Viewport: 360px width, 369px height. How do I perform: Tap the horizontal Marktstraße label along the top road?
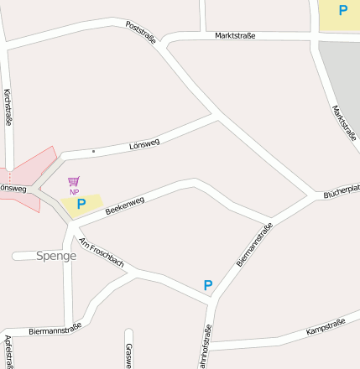(x=235, y=36)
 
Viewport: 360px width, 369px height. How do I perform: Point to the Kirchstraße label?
(x=8, y=107)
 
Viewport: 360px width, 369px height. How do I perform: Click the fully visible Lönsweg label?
(x=144, y=144)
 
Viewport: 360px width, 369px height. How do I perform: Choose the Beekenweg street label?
(x=124, y=206)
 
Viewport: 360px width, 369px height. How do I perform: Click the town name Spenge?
(x=56, y=256)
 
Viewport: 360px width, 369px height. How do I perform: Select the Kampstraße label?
(x=326, y=327)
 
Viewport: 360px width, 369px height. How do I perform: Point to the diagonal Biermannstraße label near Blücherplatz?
(x=255, y=244)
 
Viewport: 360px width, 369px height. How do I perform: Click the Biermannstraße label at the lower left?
(x=55, y=329)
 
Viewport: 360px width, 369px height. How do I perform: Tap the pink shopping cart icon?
(x=74, y=181)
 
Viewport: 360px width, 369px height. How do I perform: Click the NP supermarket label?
(x=74, y=192)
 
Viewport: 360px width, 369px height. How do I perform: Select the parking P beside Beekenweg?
(x=81, y=204)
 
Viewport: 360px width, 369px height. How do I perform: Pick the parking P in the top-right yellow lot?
(x=342, y=11)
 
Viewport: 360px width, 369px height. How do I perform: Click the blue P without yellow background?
(x=208, y=286)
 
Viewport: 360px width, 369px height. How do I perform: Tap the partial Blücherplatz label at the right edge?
(x=342, y=192)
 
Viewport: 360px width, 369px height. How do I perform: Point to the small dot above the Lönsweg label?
(x=93, y=151)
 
